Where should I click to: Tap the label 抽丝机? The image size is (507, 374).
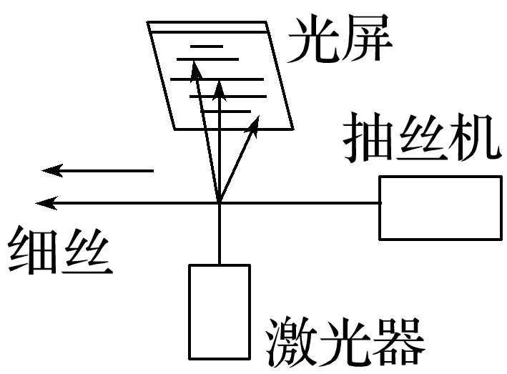pos(421,141)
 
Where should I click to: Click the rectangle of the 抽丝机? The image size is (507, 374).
pos(439,207)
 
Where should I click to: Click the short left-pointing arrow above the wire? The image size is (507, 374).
pos(97,170)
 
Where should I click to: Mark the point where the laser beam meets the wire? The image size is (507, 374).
pos(219,203)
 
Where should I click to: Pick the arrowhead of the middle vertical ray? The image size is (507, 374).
pos(220,88)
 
